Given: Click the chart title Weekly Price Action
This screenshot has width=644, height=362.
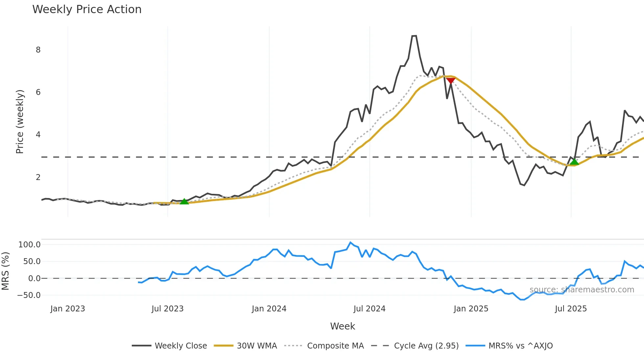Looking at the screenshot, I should pyautogui.click(x=87, y=10).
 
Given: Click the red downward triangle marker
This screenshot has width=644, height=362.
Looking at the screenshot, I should pyautogui.click(x=450, y=81).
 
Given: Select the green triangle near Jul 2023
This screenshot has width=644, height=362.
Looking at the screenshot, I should pyautogui.click(x=184, y=201).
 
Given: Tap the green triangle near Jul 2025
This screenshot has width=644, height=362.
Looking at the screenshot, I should pyautogui.click(x=574, y=162).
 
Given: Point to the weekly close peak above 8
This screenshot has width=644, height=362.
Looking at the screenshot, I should pyautogui.click(x=414, y=36).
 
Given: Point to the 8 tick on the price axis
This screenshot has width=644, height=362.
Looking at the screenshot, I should pyautogui.click(x=38, y=50).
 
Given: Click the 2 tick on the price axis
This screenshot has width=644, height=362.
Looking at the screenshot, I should pyautogui.click(x=38, y=177).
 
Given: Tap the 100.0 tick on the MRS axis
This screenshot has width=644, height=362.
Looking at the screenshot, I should pyautogui.click(x=30, y=245).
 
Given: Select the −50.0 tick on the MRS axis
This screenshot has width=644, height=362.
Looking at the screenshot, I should pyautogui.click(x=29, y=295).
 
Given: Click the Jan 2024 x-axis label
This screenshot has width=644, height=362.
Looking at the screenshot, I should pyautogui.click(x=269, y=309).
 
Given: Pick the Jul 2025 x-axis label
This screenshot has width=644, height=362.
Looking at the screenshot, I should pyautogui.click(x=571, y=309).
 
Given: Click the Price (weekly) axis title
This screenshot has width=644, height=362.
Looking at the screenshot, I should pyautogui.click(x=20, y=122).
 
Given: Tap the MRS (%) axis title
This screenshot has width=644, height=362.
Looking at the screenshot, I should pyautogui.click(x=5, y=271).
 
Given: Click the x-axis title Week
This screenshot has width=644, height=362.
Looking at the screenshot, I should pyautogui.click(x=342, y=326).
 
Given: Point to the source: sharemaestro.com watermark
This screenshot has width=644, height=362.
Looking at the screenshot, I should pyautogui.click(x=582, y=290).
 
